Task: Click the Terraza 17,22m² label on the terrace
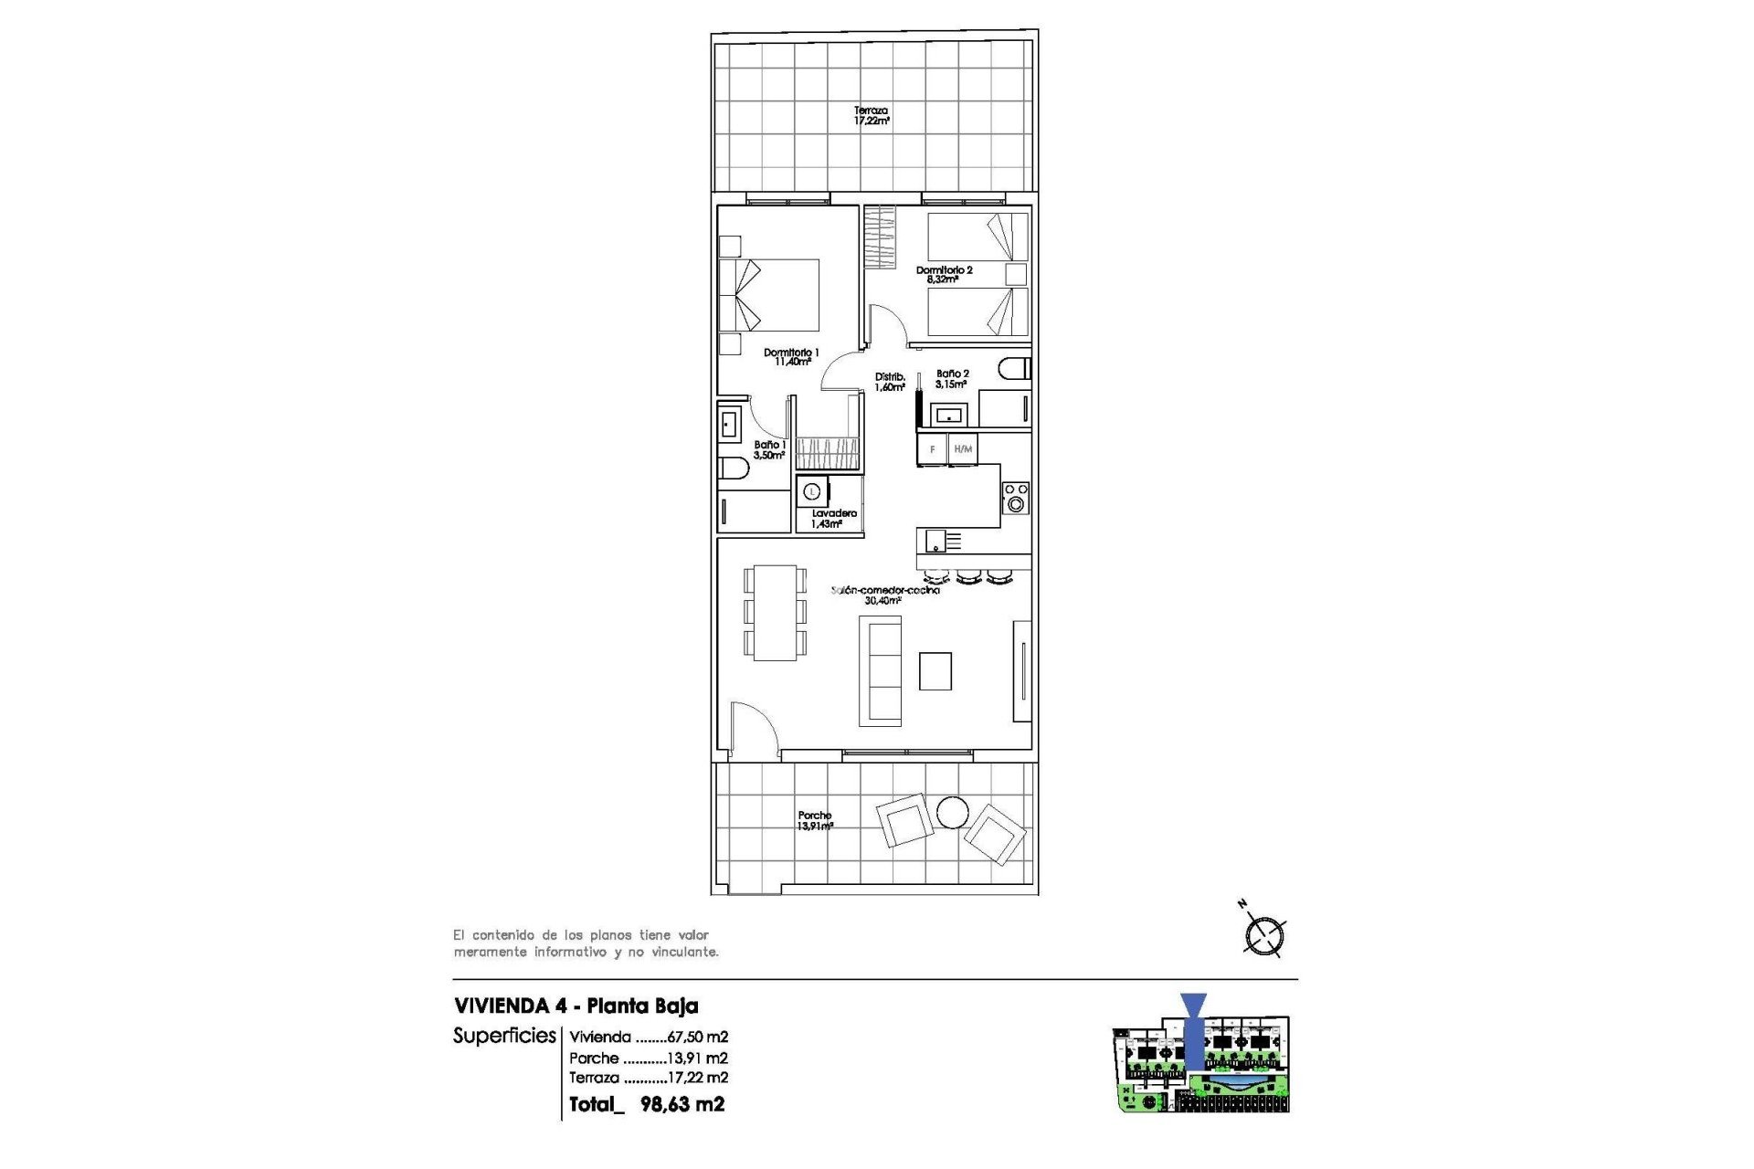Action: (871, 116)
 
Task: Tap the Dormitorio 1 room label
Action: (791, 357)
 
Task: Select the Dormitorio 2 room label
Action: (944, 275)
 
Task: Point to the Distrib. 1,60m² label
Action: (890, 382)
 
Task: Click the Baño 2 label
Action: (952, 379)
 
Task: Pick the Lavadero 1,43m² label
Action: (833, 519)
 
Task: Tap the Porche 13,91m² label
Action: (814, 821)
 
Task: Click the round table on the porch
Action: (952, 812)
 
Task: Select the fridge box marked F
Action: (932, 449)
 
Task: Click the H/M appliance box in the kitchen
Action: (963, 449)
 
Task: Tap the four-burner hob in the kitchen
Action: (1015, 498)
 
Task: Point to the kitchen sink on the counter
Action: (936, 542)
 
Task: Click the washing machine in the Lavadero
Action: (811, 491)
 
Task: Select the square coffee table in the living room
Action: (935, 671)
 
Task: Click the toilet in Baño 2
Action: (1014, 369)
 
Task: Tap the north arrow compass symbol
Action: (1264, 934)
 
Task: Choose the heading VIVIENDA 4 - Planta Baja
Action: (576, 1006)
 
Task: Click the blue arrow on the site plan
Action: (1193, 1030)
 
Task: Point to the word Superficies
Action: (504, 1036)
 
